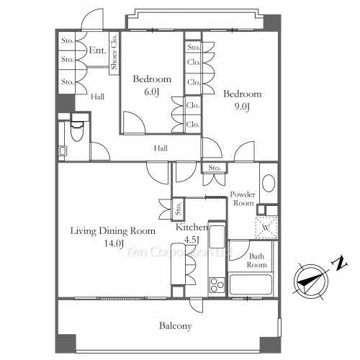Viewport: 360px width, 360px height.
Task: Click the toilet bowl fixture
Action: coord(77,131)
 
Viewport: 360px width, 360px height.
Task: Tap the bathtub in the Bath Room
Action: coord(251,285)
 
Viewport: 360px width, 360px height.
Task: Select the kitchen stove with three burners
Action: coord(217,285)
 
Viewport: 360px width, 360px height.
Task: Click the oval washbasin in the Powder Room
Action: coord(269,183)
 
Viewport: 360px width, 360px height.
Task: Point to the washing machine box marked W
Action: coord(266,228)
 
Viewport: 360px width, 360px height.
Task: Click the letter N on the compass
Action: coord(340,264)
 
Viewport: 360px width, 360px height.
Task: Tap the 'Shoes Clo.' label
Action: coord(114,52)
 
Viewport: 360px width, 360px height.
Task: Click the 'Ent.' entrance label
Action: coord(97,50)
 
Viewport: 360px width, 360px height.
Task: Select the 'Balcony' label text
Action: coord(176,326)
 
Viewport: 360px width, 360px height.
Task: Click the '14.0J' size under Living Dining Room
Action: coord(114,243)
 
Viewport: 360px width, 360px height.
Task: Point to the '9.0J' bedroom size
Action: coord(242,107)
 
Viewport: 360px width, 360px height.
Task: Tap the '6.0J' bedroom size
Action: coord(152,91)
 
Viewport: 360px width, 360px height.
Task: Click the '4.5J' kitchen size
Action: coord(192,239)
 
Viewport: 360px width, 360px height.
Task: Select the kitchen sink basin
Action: coord(217,237)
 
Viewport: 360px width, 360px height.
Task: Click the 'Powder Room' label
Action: coord(243,199)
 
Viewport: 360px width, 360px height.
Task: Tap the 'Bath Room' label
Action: coord(257,261)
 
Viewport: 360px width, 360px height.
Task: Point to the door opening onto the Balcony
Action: coord(196,305)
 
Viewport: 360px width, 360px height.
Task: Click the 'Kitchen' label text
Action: coord(192,227)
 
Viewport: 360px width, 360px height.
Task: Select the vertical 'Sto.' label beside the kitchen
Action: coord(178,209)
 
